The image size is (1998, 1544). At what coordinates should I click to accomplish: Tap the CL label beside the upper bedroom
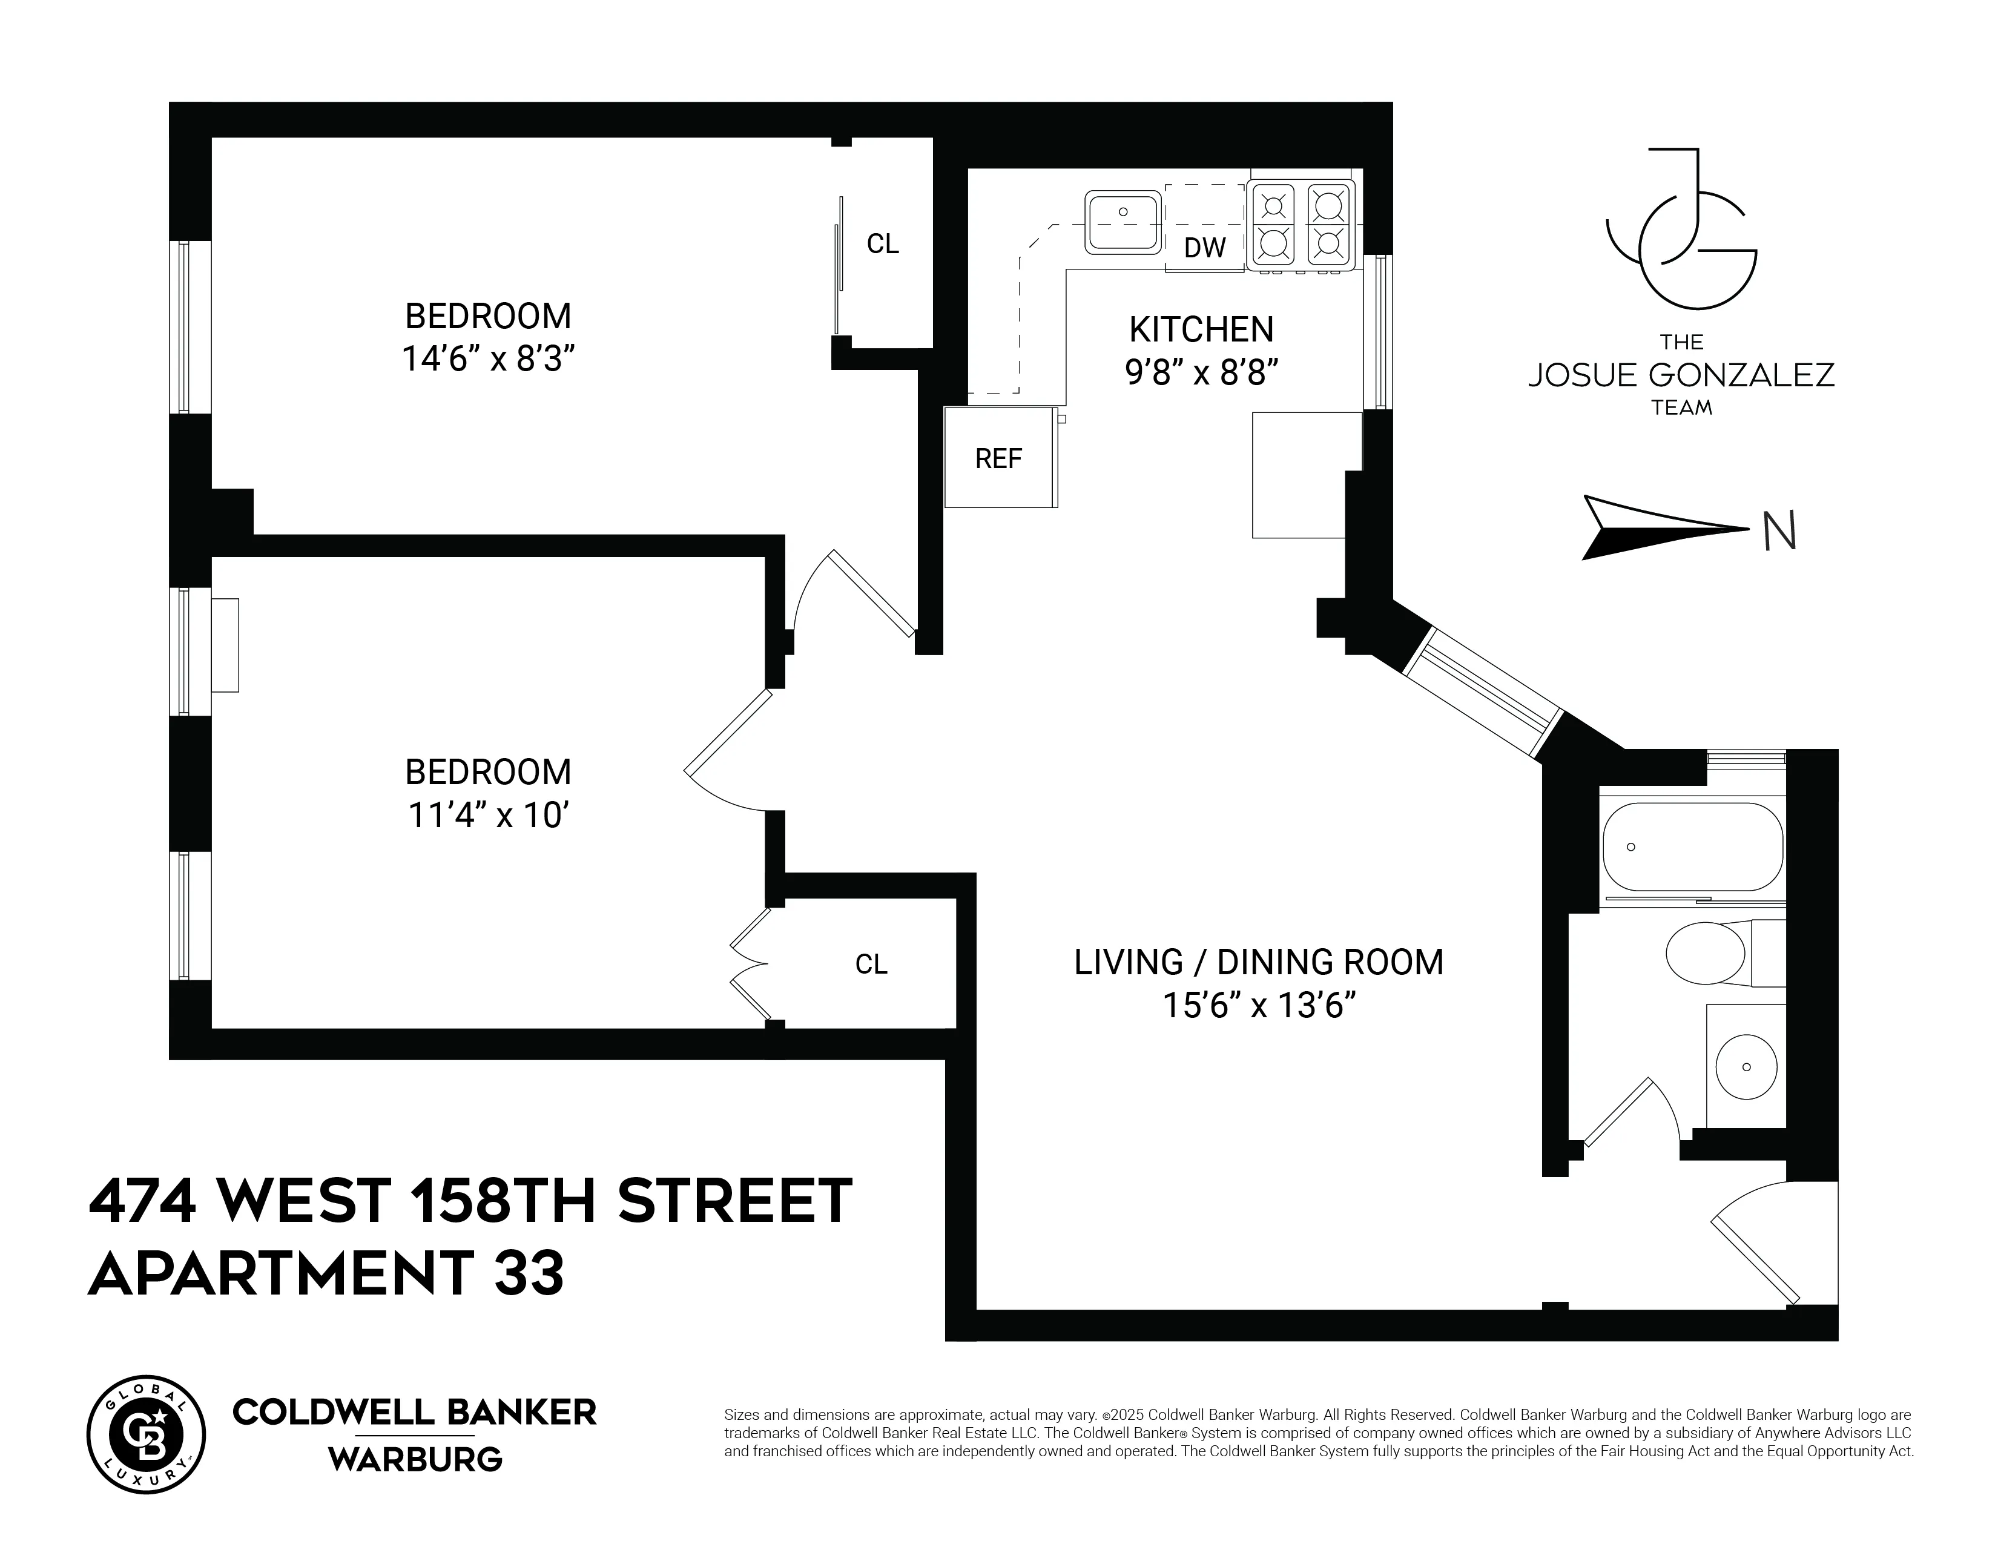[x=883, y=243]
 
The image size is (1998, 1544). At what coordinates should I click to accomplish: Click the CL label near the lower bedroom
[x=871, y=964]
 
